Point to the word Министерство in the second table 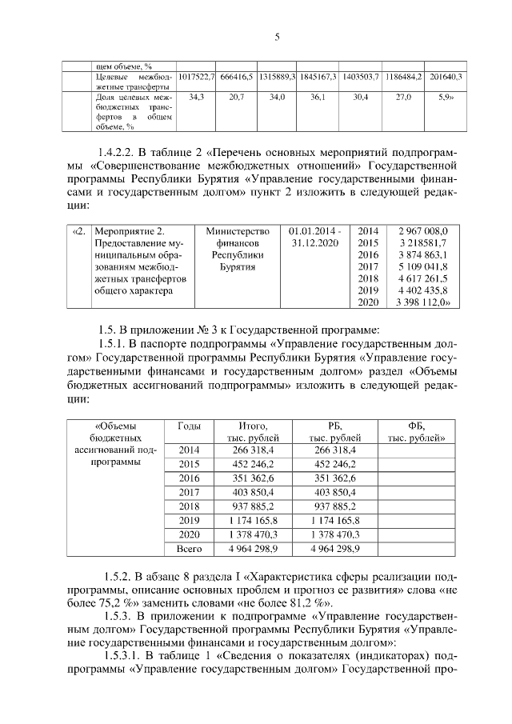(238, 230)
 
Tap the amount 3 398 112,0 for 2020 (424, 303)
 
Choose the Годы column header (190, 426)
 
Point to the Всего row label (190, 549)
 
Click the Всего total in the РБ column (334, 549)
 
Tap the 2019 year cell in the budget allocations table (190, 520)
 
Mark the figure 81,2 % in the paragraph (314, 603)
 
